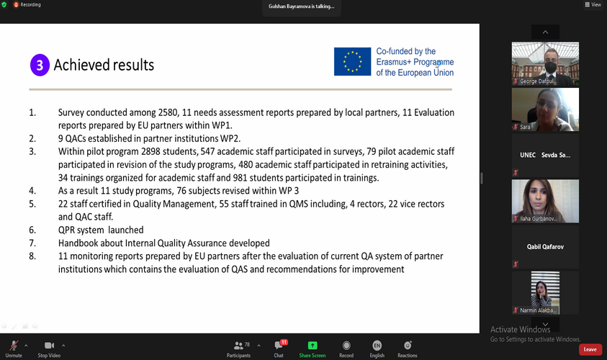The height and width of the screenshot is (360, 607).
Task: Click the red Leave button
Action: click(590, 349)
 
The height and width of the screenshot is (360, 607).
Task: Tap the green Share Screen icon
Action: click(313, 346)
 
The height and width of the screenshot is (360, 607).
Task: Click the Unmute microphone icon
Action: click(14, 346)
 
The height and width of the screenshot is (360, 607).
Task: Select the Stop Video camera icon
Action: click(49, 346)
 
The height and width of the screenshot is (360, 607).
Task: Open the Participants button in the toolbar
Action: click(238, 346)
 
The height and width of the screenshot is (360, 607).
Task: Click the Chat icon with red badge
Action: click(279, 346)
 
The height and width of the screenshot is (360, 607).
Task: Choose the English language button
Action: click(377, 346)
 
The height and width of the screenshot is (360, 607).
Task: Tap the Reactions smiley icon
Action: click(408, 346)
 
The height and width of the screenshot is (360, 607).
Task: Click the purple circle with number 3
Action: click(40, 66)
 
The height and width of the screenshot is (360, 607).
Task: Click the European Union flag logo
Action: click(352, 62)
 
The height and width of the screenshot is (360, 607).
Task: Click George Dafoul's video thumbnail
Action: click(545, 63)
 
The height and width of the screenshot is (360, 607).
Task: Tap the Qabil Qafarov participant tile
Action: click(545, 247)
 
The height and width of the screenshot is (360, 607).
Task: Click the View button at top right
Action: click(593, 4)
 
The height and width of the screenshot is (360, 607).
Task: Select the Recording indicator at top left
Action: click(27, 4)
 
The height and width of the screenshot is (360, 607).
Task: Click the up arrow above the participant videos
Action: click(545, 32)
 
